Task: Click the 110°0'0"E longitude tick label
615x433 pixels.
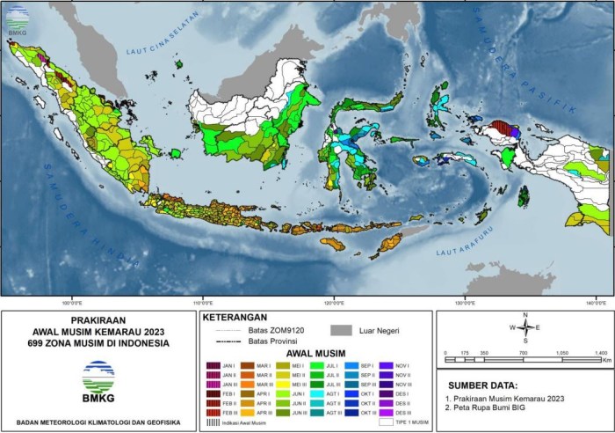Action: click(x=204, y=301)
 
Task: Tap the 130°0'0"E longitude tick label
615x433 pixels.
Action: click(x=465, y=301)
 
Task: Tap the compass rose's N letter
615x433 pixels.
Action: click(x=525, y=315)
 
